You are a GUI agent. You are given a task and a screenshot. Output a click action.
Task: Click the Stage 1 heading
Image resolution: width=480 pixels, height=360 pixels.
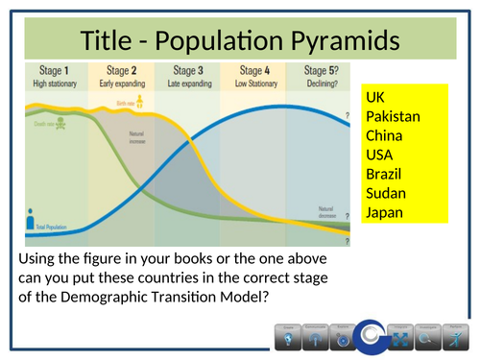coord(53,70)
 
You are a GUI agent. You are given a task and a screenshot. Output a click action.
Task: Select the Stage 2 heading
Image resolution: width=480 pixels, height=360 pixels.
coord(120,70)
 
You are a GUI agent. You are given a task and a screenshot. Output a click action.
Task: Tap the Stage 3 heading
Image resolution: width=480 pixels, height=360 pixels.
coord(186,70)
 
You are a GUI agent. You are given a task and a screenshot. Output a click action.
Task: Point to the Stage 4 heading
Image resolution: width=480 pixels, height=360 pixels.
coord(252,70)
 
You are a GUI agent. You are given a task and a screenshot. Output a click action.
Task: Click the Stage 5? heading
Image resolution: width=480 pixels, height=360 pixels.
coord(321,70)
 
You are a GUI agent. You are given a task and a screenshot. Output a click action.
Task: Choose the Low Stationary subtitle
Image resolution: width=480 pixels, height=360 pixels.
coord(252,83)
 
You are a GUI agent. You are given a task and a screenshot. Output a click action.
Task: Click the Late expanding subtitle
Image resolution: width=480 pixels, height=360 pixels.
coord(186,83)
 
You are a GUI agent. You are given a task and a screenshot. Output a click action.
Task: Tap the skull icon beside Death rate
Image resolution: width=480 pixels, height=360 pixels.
coord(63,123)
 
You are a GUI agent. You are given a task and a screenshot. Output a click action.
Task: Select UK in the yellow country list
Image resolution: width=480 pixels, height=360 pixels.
coord(375,98)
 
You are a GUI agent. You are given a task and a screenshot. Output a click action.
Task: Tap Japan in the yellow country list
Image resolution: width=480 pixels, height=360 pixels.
coord(385,212)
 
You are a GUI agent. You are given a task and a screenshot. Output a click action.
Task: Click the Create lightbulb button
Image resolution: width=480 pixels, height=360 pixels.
coord(286,337)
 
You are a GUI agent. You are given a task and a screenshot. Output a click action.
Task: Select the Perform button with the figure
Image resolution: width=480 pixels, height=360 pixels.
coord(455,337)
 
